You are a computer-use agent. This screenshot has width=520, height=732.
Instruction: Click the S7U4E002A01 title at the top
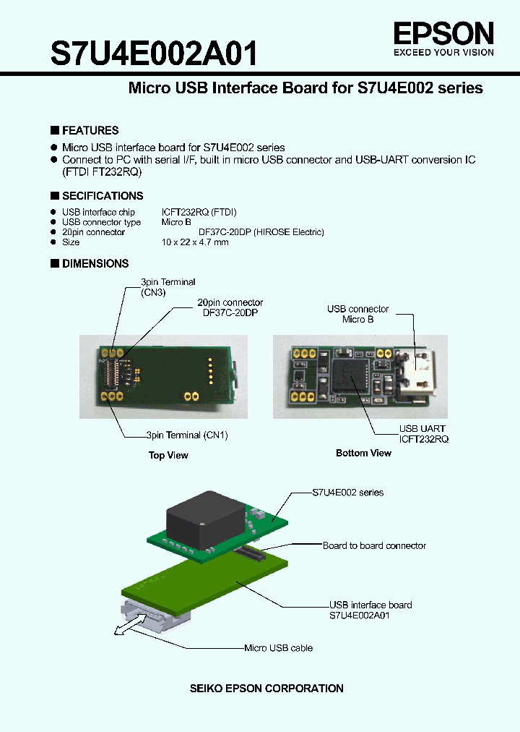[x=153, y=54]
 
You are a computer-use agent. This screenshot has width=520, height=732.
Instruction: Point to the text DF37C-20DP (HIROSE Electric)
[x=261, y=232]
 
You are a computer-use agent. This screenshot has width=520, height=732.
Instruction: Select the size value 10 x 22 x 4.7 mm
[x=195, y=242]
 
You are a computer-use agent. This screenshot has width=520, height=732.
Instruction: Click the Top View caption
[x=168, y=456]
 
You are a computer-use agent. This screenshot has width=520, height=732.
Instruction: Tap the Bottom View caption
[x=363, y=454]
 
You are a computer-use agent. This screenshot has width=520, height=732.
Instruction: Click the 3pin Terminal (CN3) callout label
[x=168, y=287]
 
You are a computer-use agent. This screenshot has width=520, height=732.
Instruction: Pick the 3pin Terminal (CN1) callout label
[x=187, y=435]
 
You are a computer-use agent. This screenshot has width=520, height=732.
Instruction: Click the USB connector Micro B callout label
[x=357, y=314]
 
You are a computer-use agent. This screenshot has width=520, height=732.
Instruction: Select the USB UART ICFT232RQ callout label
[x=423, y=434]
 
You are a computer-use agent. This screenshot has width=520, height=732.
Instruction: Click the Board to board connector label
[x=374, y=546]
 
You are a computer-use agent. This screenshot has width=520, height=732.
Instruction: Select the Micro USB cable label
[x=278, y=648]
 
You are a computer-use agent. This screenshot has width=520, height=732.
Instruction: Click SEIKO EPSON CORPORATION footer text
[x=266, y=689]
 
